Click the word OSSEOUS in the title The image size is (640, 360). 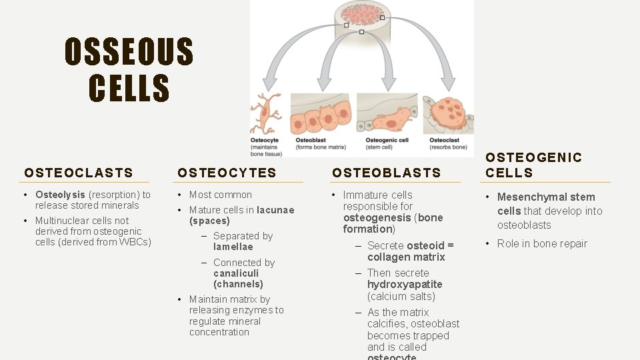129,52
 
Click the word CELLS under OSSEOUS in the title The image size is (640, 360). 129,88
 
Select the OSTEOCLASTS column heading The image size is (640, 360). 79,173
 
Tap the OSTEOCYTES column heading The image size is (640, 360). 227,173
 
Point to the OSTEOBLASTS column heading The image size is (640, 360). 387,173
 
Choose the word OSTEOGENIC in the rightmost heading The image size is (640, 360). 533,158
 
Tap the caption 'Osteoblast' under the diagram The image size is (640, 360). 310,140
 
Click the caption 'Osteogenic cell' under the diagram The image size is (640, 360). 387,140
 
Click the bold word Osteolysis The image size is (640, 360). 60,195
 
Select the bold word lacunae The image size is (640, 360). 275,210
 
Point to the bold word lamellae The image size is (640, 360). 233,247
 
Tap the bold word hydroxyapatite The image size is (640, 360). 405,285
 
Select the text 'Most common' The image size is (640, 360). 221,195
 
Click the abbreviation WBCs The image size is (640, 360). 135,242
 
